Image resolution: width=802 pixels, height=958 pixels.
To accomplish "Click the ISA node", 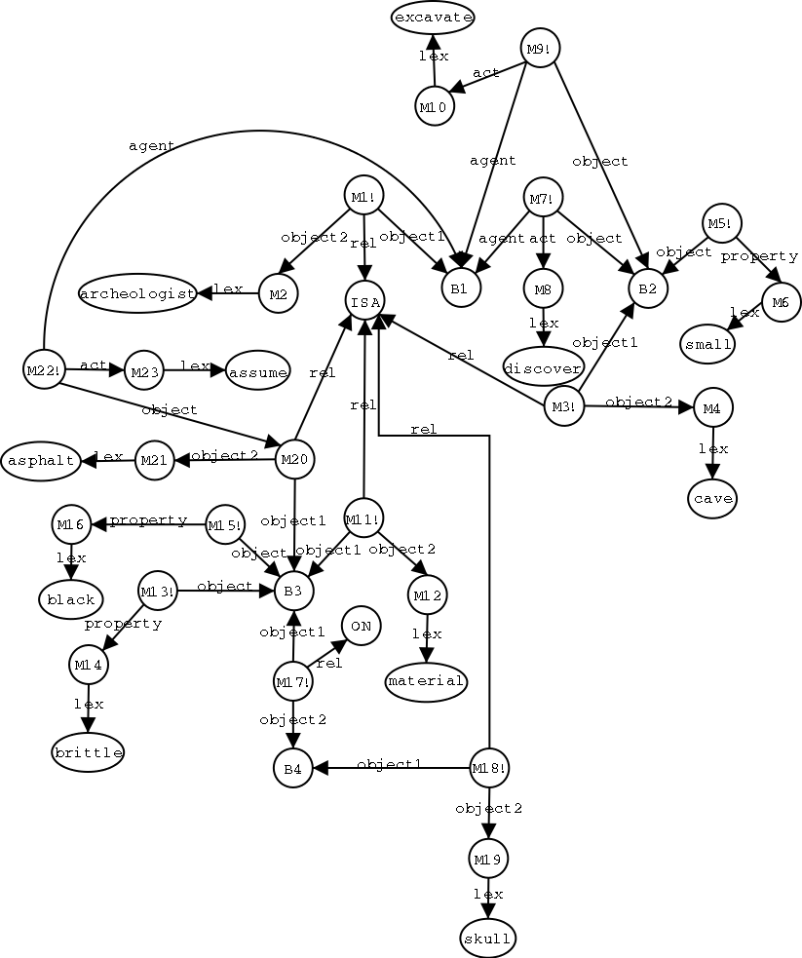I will (x=364, y=301).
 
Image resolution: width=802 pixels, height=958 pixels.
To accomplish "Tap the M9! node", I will (x=540, y=49).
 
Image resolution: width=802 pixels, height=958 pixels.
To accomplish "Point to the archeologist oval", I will (x=138, y=293).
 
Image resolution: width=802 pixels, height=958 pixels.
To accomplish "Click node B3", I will (x=293, y=591).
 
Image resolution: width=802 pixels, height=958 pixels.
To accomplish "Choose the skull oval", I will (x=487, y=938).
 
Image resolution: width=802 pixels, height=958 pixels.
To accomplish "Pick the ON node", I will (x=361, y=626).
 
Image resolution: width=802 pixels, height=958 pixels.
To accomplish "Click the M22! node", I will (x=43, y=369).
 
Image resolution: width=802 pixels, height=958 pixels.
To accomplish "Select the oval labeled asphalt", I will (x=41, y=460).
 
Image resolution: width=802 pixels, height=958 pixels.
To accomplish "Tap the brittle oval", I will (x=88, y=752).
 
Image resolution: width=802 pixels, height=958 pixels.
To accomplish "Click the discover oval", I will (x=543, y=366).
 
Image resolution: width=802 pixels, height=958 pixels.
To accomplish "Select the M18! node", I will (x=488, y=768).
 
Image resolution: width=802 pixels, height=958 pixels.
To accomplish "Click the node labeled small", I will (x=708, y=344).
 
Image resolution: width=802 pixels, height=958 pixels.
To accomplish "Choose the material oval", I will (x=426, y=680).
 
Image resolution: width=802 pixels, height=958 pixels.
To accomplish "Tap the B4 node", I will (x=292, y=768).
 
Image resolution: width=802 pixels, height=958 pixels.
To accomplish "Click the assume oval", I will (x=257, y=371).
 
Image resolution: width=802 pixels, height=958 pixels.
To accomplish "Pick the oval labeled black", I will (x=70, y=599).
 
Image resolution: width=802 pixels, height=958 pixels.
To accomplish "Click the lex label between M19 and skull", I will (x=488, y=894).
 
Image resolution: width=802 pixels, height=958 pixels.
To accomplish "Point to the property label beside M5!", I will (x=760, y=256).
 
